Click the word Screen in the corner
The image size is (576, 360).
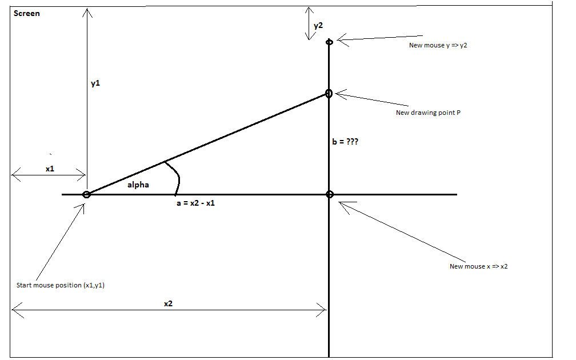pos(27,13)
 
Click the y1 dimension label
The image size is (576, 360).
pos(95,83)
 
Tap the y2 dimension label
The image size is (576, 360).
pos(318,26)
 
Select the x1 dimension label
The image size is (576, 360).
pos(50,169)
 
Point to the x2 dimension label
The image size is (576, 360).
pos(168,304)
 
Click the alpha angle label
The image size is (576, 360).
pos(138,185)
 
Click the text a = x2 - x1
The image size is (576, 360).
pos(195,203)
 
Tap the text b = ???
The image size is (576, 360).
pos(345,142)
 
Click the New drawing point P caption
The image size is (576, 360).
pos(428,113)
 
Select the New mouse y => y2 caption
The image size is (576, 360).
pos(438,45)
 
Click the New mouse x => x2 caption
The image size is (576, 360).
pos(478,266)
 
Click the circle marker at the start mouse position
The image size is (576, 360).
pos(86,195)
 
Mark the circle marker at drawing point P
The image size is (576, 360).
pos(329,93)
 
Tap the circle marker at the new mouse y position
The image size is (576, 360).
pos(329,42)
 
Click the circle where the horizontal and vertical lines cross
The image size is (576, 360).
pos(329,195)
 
